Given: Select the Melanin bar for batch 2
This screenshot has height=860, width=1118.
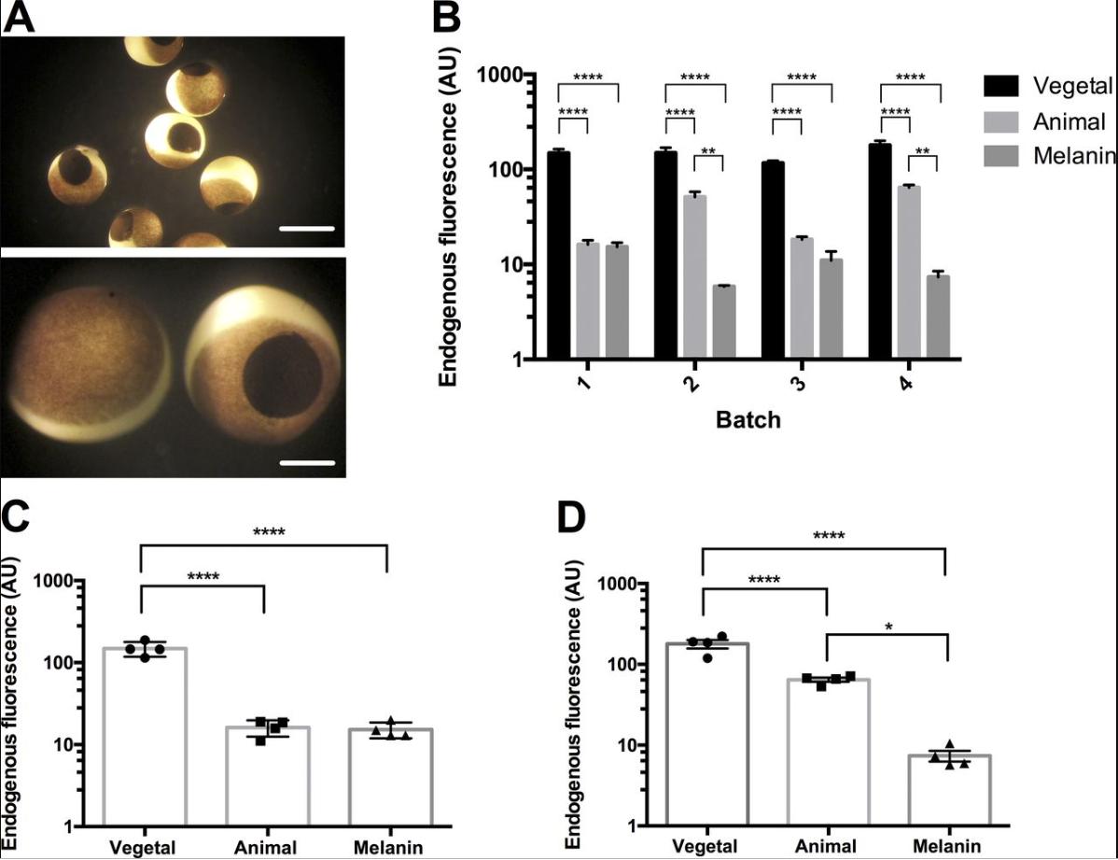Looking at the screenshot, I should [723, 321].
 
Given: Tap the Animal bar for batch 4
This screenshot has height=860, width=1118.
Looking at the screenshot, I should [909, 272].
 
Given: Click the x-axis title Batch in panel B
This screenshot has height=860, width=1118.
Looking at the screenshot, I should [748, 420].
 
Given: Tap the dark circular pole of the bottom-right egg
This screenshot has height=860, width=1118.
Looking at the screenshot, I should [282, 377].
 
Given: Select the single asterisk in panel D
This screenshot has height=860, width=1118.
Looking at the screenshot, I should [887, 627].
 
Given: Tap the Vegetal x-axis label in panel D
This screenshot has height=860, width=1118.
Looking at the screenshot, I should [706, 846].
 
